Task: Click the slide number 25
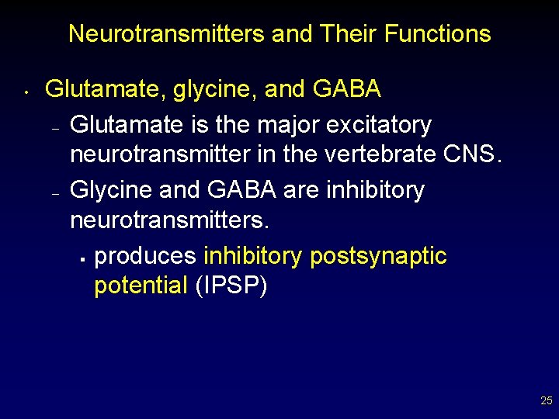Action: coord(546,401)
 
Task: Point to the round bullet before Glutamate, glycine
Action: coord(26,95)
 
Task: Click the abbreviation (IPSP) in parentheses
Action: coord(231,286)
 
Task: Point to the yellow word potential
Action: coord(141,286)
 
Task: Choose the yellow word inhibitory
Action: coord(253,256)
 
